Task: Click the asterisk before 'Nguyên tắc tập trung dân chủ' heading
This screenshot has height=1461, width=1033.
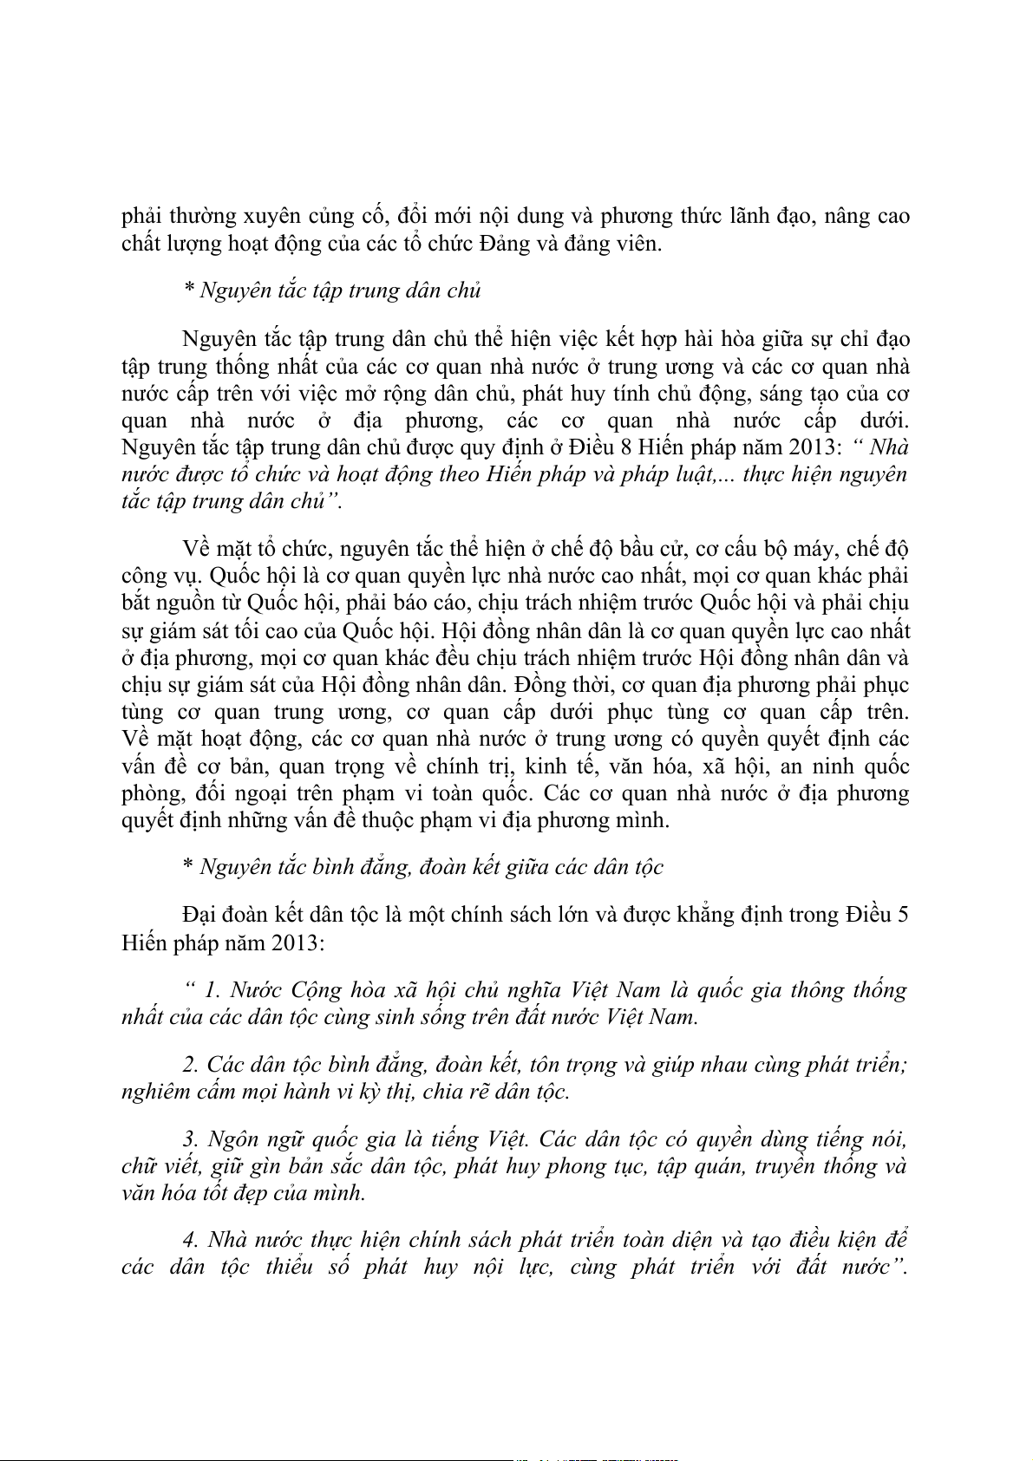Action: pyautogui.click(x=188, y=290)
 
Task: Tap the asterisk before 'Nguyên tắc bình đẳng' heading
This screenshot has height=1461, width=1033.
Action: pyautogui.click(x=188, y=866)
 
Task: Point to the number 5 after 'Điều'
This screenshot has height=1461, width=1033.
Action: pyautogui.click(x=903, y=915)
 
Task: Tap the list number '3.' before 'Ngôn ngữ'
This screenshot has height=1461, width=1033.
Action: pyautogui.click(x=192, y=1139)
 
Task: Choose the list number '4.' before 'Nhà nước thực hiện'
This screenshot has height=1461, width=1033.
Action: pyautogui.click(x=192, y=1240)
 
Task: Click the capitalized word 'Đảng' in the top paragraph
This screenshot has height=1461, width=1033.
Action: pyautogui.click(x=505, y=244)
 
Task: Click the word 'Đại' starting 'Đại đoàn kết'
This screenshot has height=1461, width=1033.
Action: pyautogui.click(x=200, y=915)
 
